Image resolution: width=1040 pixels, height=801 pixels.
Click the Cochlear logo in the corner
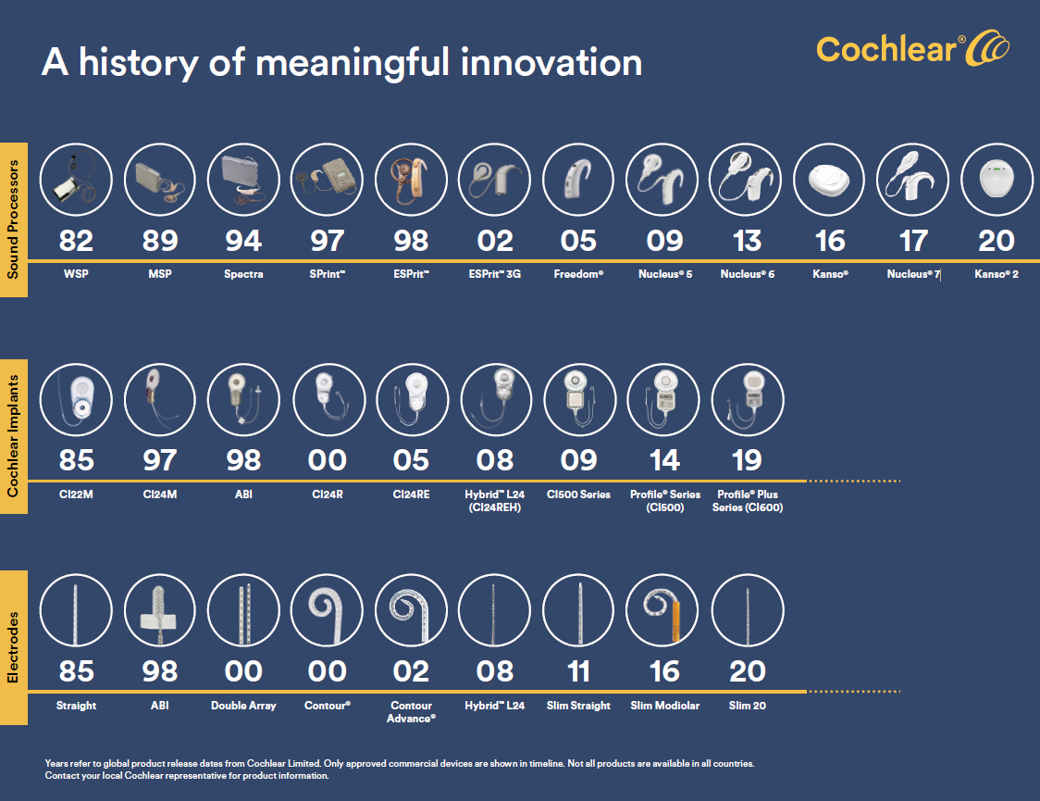912,49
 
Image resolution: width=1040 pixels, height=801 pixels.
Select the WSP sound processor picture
76,179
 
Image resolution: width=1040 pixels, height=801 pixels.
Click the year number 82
76,241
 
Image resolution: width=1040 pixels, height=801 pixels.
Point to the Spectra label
243,275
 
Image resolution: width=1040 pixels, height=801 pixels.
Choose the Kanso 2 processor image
997,179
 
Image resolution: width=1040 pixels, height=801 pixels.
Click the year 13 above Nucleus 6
747,241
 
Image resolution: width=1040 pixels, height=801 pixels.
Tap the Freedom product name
578,275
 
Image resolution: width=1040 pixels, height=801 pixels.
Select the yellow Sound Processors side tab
13,219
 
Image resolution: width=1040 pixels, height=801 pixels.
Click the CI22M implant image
76,399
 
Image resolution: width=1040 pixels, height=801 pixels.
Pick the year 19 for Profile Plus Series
747,460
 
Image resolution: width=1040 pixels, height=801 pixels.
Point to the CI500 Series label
578,494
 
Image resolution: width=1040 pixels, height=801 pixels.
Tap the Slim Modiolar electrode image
664,610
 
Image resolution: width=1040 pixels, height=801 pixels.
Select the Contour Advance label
411,711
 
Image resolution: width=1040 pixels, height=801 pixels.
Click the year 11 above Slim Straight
578,671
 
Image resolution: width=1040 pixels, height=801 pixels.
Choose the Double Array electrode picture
243,610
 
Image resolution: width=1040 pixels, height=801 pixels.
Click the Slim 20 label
747,706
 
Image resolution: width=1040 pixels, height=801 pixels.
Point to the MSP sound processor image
159,179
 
